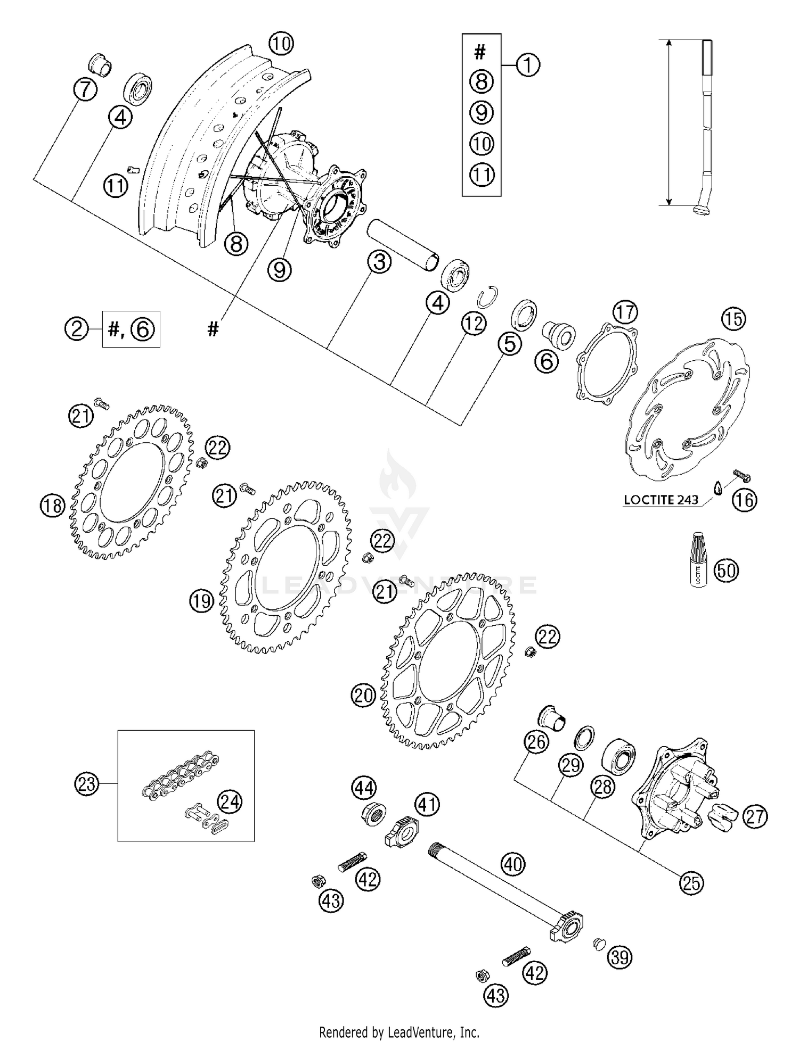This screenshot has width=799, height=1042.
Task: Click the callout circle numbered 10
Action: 281,43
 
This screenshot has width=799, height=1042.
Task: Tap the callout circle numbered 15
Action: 733,319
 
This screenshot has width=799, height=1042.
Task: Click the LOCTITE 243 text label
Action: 661,500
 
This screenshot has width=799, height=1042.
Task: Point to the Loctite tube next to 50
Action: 698,567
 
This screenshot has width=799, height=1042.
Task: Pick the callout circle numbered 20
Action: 364,696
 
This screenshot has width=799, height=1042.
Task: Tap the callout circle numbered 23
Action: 87,784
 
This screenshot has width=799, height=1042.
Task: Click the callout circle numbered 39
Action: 620,958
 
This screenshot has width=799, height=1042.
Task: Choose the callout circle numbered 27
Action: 755,817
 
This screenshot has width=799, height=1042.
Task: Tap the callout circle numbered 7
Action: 85,89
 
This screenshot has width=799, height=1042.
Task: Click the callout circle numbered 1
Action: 527,65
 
